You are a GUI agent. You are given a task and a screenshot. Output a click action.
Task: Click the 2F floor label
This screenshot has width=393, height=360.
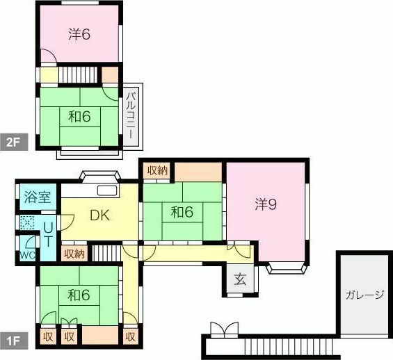14,142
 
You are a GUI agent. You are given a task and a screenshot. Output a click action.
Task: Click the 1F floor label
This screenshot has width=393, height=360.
14,341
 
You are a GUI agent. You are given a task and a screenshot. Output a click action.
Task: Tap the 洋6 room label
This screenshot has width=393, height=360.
79,34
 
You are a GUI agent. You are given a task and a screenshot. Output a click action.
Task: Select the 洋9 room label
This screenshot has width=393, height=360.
266,204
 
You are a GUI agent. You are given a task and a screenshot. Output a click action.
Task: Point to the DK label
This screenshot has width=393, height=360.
99,215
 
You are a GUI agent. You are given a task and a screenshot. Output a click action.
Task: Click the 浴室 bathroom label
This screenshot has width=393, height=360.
38,197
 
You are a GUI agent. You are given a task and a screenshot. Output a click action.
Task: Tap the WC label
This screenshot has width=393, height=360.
28,255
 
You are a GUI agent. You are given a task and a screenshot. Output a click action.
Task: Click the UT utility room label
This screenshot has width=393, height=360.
48,235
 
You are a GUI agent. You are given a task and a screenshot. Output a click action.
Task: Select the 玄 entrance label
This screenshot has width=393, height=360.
240,279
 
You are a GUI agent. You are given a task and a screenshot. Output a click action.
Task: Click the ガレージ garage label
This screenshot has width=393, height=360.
364,295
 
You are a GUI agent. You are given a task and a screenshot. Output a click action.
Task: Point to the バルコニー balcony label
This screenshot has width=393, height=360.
131,115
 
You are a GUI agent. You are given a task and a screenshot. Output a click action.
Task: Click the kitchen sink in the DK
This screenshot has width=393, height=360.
107,190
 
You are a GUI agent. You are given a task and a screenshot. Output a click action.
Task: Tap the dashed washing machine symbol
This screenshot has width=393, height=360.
27,222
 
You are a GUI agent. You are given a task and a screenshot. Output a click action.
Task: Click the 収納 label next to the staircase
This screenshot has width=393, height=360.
74,254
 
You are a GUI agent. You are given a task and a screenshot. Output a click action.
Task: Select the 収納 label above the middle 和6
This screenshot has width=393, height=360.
157,170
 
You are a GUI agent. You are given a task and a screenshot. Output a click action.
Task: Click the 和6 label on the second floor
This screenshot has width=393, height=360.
79,117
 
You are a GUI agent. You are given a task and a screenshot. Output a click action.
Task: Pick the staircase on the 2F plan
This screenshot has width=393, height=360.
78,74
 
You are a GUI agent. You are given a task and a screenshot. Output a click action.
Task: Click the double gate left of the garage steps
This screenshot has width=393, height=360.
224,329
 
